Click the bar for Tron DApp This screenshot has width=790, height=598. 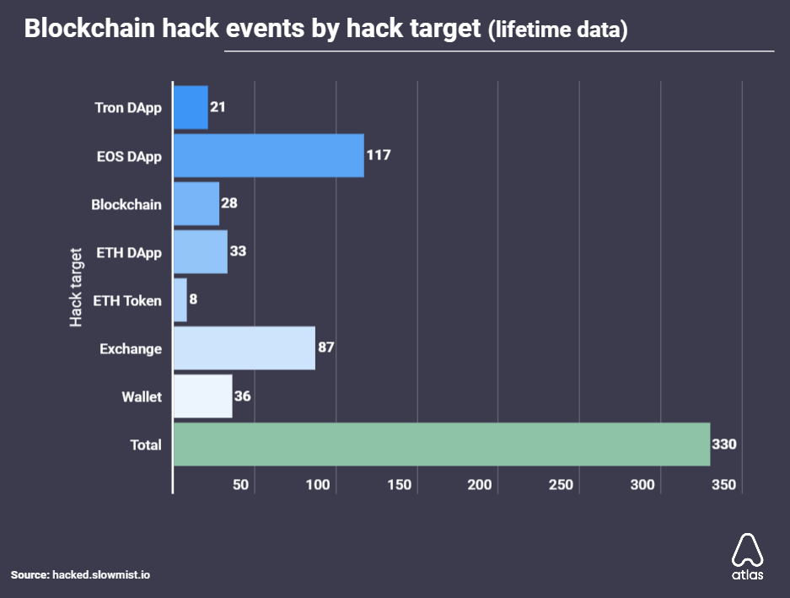pos(191,108)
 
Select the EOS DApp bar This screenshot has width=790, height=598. pos(268,156)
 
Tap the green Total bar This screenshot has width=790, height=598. pos(441,444)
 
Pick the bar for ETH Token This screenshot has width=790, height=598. pos(180,300)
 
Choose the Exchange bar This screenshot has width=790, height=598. pos(244,348)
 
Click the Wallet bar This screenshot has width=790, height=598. pos(202,396)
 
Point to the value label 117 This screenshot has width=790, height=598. pos(379,156)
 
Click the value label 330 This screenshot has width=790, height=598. pos(724,444)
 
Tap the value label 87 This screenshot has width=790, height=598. pos(326,348)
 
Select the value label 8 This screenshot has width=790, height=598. pos(193,300)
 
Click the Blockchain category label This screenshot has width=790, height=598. pos(126,204)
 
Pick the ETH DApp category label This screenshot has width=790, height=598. pos(128,252)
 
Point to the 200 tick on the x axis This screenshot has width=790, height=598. pos(480,485)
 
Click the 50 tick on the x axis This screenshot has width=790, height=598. pos(240,485)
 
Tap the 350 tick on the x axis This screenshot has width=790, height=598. pos(723,485)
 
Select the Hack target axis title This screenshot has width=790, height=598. pos(76,288)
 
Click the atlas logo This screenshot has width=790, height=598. pos(747,557)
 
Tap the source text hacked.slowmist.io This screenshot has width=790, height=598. pos(102,574)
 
